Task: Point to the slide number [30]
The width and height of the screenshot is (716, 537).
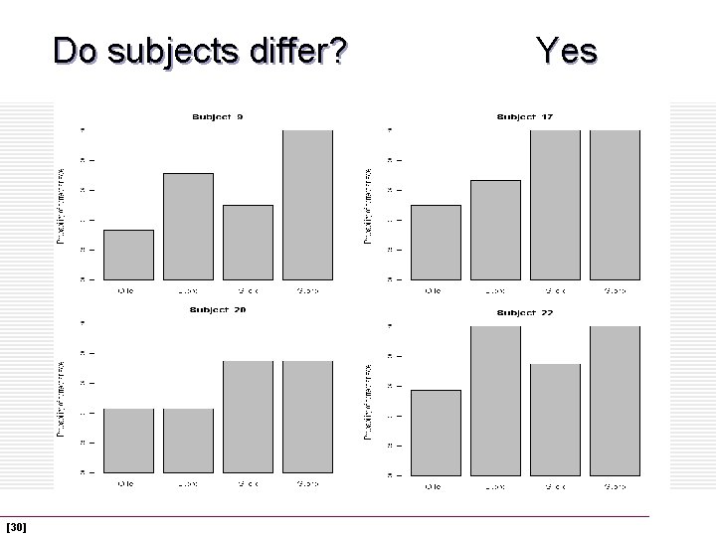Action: (16, 525)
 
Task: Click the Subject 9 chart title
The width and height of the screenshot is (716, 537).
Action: (218, 117)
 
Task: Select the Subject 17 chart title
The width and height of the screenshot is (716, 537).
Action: (525, 117)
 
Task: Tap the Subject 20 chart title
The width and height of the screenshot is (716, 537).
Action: (218, 310)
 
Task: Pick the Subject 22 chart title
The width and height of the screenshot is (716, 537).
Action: (525, 312)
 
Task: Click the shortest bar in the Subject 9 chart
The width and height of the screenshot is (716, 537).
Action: (128, 255)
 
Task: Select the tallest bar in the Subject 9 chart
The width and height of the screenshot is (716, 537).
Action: (307, 204)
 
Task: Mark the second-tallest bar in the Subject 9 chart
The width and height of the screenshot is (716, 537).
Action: (188, 226)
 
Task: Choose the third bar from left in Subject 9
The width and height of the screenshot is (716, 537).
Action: (248, 242)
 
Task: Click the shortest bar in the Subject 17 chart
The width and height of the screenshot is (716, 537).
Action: (436, 242)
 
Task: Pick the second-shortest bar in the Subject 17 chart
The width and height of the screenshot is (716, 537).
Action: (495, 230)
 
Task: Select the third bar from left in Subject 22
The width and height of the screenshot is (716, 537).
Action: (555, 418)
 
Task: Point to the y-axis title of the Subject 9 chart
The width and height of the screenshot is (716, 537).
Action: (62, 205)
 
